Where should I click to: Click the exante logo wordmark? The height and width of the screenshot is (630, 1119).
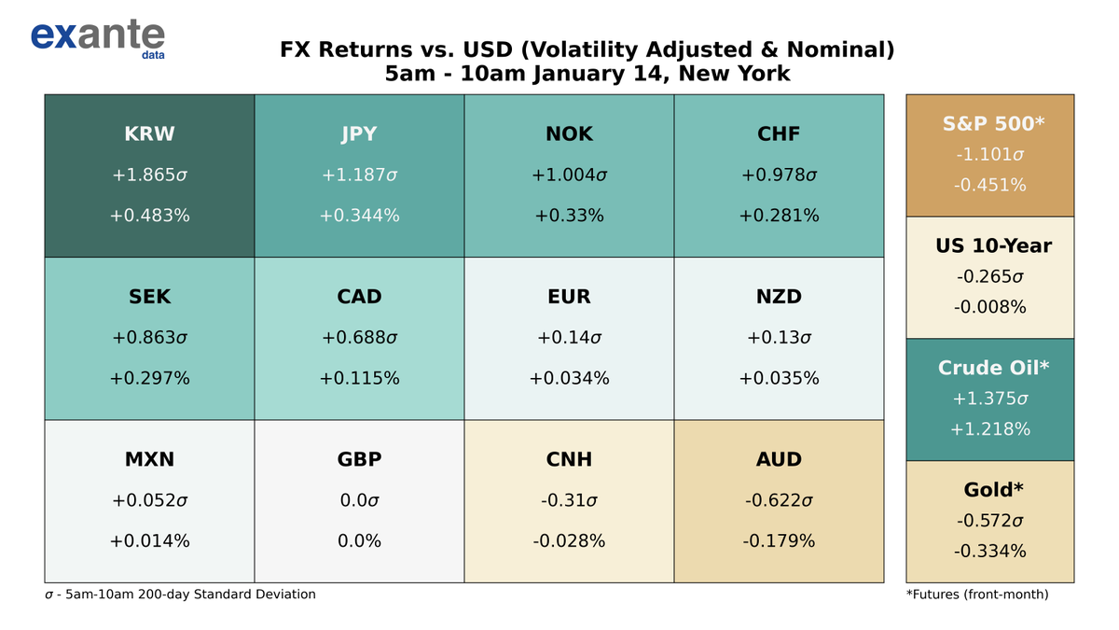coord(97,35)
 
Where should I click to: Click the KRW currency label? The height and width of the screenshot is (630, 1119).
coord(149,134)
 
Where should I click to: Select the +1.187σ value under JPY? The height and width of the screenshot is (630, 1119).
coord(359,175)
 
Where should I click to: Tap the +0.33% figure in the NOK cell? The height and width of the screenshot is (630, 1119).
coord(569,216)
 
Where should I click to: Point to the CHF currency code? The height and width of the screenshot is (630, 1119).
coord(779,134)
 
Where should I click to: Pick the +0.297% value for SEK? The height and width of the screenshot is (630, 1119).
coord(149,378)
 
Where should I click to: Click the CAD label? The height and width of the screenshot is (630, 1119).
coord(359,297)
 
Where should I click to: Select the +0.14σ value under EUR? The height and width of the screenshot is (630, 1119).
coord(569,338)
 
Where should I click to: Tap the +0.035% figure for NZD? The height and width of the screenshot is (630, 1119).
coord(779,378)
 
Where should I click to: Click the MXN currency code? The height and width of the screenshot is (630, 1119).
coord(149,459)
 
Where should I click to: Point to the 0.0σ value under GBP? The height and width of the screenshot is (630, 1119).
coord(359,500)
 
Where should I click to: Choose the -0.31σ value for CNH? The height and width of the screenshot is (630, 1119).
coord(569,500)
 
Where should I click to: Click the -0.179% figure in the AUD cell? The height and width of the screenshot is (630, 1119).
coord(779,540)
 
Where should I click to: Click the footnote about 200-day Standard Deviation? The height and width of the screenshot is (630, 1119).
coord(180,594)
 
